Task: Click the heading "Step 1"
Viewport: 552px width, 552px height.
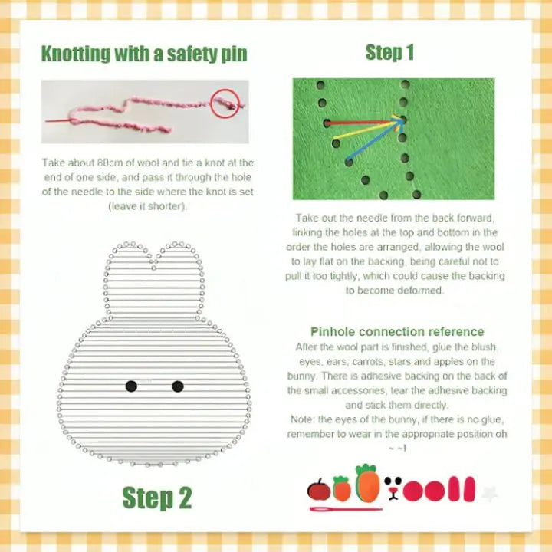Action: [x=389, y=52]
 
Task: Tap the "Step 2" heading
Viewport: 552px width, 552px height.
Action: [x=157, y=498]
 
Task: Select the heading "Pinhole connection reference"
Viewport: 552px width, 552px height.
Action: [x=397, y=332]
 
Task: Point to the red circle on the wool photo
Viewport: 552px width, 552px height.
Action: [x=225, y=103]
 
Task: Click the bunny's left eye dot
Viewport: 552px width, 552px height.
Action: [x=131, y=386]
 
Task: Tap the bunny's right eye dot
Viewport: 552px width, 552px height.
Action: [x=178, y=386]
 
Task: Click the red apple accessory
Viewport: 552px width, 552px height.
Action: [x=318, y=489]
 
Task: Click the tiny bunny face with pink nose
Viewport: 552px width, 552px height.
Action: [x=395, y=488]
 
